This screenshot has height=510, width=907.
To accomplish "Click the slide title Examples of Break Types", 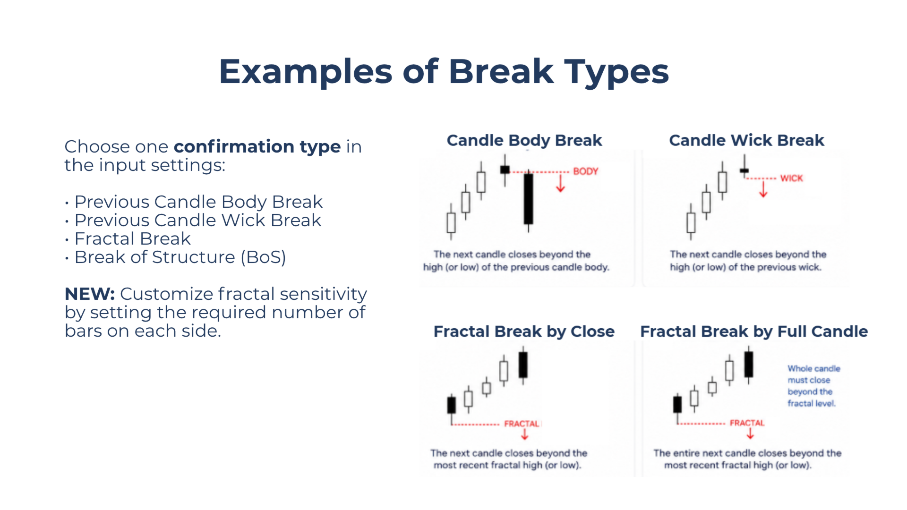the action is click(x=444, y=72).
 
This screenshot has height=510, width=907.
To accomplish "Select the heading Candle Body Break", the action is click(x=524, y=141).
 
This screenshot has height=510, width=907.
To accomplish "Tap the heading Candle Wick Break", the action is click(x=746, y=140).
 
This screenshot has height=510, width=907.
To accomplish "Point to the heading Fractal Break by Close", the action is click(x=524, y=331).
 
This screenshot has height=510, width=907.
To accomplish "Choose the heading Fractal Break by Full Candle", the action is click(x=754, y=331).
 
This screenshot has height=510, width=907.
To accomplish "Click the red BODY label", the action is click(x=586, y=171).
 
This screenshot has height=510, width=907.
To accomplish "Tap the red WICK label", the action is click(x=791, y=178).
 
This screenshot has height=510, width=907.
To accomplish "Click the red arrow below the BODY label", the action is click(x=561, y=184).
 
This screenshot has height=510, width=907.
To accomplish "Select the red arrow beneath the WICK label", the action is click(x=763, y=189).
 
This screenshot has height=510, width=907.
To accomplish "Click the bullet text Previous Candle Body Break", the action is click(x=198, y=202).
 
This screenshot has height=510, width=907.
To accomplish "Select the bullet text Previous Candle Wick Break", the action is click(x=198, y=221).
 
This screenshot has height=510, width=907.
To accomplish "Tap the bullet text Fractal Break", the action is click(x=133, y=239).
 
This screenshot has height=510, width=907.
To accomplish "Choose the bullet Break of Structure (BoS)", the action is click(x=180, y=257).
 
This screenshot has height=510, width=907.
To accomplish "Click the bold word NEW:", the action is click(x=90, y=294).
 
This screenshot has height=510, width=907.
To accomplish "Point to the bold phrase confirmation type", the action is click(x=257, y=147).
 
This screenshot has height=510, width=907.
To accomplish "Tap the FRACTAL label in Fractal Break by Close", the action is click(x=522, y=424).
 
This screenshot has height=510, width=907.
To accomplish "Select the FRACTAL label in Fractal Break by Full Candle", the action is click(x=747, y=423).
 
